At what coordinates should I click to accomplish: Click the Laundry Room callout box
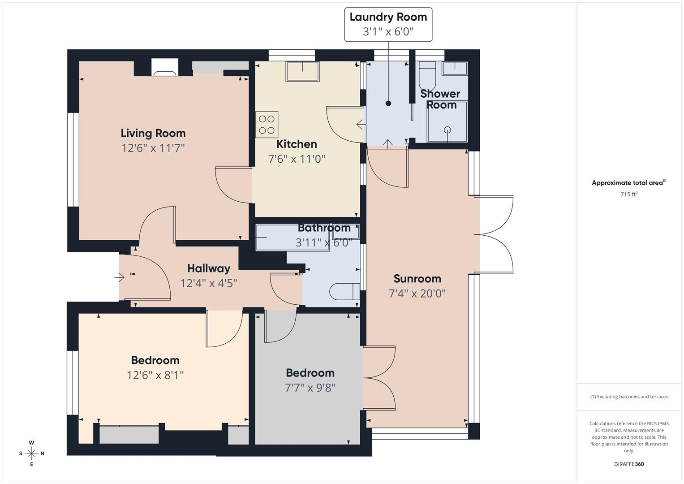(388, 24)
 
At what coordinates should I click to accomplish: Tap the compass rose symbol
(31, 453)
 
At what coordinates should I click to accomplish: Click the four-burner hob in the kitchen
(267, 125)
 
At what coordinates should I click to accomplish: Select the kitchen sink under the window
(303, 71)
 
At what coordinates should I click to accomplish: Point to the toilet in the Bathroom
(344, 291)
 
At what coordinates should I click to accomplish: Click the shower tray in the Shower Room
(447, 121)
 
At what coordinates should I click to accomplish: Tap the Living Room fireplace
(165, 67)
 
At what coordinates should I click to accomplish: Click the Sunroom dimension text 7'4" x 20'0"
(417, 294)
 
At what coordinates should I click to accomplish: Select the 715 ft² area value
(628, 194)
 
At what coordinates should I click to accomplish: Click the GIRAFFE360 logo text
(628, 464)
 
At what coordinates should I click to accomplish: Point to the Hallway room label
(208, 268)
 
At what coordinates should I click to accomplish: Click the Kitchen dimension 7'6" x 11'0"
(296, 159)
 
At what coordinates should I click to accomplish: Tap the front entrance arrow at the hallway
(120, 278)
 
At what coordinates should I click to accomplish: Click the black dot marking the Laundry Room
(388, 104)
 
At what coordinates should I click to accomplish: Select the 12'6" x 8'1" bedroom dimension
(155, 375)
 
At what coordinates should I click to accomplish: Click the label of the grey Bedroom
(310, 373)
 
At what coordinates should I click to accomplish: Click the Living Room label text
(153, 133)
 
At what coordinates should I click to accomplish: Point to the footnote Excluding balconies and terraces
(628, 397)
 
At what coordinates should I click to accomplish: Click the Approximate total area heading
(628, 183)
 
